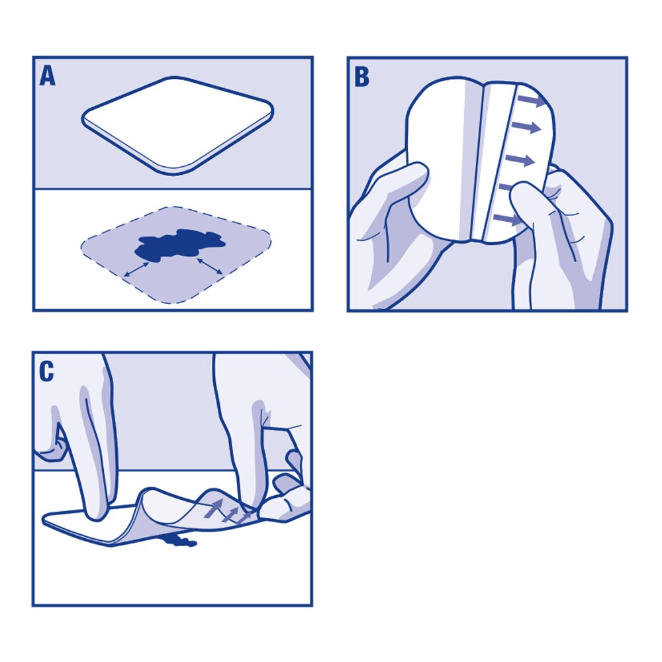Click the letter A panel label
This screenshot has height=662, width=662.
48,76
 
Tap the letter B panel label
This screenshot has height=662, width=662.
361,77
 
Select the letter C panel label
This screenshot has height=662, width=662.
46,372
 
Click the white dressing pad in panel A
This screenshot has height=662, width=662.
177,124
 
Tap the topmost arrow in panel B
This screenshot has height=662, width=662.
532,101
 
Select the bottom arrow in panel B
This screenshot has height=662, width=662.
506,219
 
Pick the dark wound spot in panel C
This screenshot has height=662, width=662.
177,542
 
